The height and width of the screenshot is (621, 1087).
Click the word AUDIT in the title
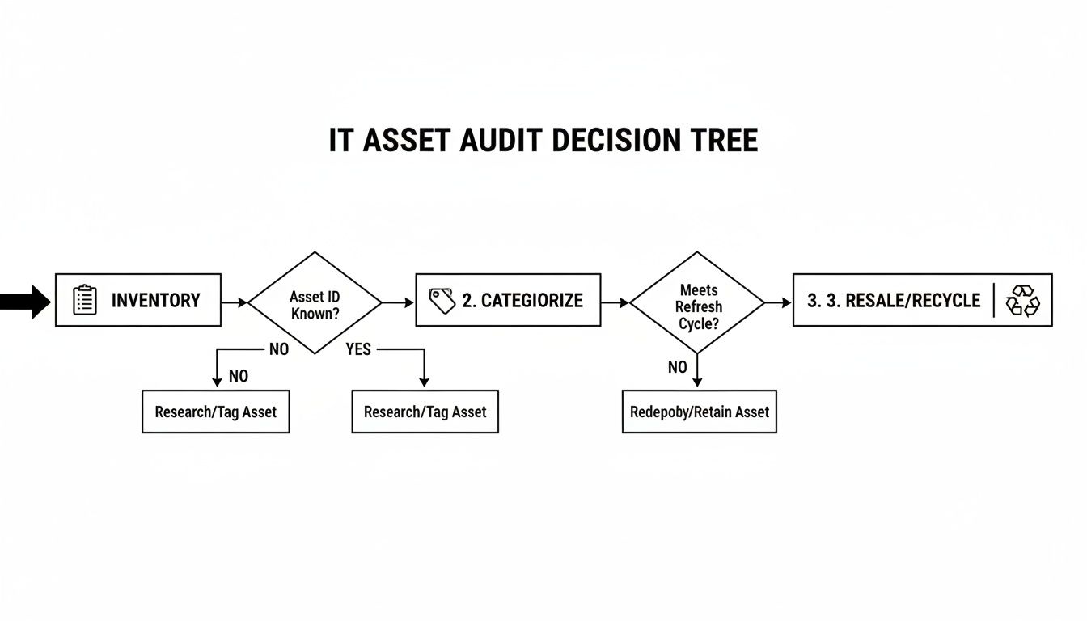[x=501, y=141]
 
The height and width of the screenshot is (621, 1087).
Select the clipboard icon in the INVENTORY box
[x=84, y=300]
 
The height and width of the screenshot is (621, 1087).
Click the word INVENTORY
[x=155, y=301]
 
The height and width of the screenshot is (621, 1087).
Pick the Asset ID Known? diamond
[x=315, y=303]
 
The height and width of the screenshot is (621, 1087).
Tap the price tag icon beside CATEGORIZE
[x=442, y=301]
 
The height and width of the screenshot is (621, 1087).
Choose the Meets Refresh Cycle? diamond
[x=697, y=303]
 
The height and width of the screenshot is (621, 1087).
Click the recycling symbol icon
[x=1023, y=301]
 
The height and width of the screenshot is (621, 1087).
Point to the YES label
[x=357, y=349]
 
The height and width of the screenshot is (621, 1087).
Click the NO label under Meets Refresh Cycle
[x=677, y=367]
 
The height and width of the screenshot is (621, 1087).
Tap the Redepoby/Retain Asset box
[x=699, y=412]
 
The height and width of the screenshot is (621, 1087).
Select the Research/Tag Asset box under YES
[x=425, y=412]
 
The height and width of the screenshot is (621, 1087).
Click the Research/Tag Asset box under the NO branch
[x=215, y=412]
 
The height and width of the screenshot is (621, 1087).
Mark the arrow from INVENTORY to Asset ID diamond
[x=235, y=302]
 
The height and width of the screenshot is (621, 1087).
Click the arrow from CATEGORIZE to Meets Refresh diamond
[x=615, y=302]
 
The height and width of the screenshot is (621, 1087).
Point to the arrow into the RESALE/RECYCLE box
[x=779, y=302]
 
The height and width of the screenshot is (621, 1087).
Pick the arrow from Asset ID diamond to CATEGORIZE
[x=398, y=302]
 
